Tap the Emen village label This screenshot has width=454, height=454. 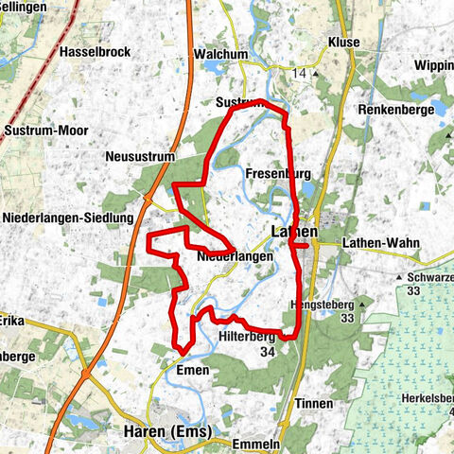(x=193, y=370)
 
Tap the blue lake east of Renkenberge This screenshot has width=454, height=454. (x=438, y=108)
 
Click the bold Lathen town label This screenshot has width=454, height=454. (x=293, y=231)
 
